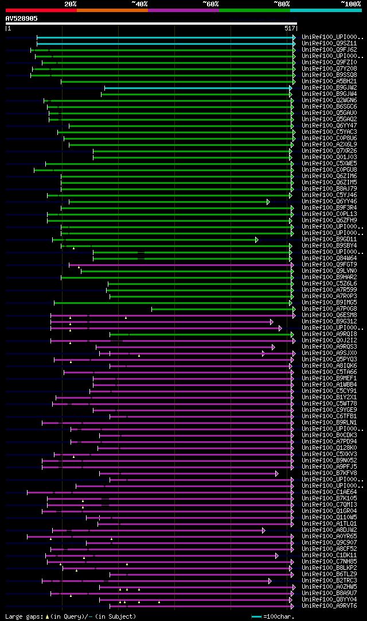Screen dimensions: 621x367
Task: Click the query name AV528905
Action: pos(22,18)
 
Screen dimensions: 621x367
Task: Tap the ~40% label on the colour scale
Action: pos(139,3)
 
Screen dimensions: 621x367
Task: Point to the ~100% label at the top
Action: pos(351,3)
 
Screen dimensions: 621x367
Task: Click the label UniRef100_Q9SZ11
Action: pos(322,43)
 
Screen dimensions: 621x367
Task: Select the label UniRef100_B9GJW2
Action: pos(322,87)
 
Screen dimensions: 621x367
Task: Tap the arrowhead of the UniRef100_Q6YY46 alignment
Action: pos(268,202)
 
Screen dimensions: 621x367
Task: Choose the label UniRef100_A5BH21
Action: pos(322,81)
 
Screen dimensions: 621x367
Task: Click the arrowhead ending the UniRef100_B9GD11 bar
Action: pos(257,240)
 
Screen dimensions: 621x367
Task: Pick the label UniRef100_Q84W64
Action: pos(322,258)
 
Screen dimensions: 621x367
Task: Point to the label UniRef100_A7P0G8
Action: pos(322,308)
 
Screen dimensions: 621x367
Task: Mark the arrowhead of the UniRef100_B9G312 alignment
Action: pos(272,322)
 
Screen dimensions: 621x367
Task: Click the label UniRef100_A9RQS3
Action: pos(322,346)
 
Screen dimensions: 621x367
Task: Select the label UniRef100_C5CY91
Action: pos(322,391)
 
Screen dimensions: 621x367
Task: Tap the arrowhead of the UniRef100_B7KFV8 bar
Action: pos(276,473)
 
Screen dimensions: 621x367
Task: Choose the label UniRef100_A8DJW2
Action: pos(322,530)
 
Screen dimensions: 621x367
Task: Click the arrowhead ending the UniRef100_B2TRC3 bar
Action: pos(270,581)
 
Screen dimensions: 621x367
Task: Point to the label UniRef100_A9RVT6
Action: pos(322,605)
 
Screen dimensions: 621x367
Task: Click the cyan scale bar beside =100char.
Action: pos(256,616)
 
